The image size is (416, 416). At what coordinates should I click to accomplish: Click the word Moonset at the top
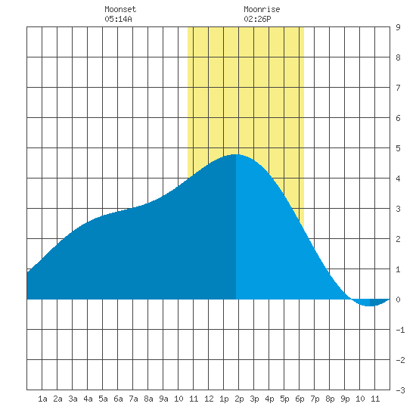pos(120,9)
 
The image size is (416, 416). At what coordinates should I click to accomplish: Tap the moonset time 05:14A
pos(118,19)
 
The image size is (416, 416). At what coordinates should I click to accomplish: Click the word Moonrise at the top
pos(262,9)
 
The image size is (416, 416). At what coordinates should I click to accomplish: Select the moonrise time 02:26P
pos(257,19)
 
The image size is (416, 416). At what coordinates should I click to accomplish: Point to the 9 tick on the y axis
pos(398,27)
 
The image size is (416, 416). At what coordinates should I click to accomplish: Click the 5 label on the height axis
pos(398,148)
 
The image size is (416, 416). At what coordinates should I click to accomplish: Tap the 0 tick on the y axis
pos(398,300)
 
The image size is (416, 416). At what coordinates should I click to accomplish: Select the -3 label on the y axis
pos(400,390)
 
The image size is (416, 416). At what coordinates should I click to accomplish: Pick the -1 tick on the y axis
pos(400,330)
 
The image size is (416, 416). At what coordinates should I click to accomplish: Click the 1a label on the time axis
pos(42,399)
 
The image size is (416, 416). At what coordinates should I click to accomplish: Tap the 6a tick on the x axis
pos(118,399)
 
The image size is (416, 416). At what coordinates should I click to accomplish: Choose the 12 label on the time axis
pos(209,399)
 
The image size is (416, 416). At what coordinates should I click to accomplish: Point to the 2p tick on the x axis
pos(239,399)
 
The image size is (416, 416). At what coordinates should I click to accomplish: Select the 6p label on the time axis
pos(300,399)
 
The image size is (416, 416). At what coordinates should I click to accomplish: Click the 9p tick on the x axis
pos(345,399)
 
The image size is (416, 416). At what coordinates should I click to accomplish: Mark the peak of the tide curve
pos(235,154)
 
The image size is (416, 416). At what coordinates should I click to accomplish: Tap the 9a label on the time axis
pos(163,399)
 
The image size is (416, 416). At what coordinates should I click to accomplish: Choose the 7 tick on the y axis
pos(398,88)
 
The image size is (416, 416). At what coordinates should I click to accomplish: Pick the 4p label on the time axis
pos(269,399)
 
